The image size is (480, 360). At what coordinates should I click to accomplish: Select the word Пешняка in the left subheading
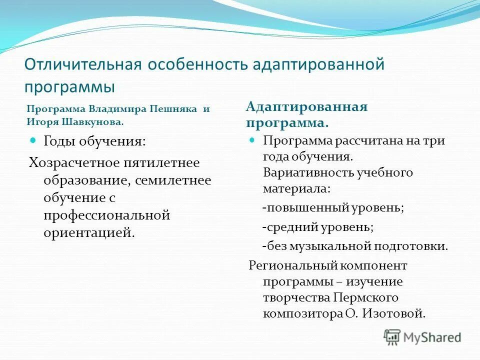click(x=173, y=109)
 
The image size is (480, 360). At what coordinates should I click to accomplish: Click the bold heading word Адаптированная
click(x=307, y=107)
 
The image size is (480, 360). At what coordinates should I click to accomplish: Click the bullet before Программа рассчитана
click(x=252, y=140)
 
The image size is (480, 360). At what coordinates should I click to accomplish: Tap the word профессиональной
click(x=107, y=215)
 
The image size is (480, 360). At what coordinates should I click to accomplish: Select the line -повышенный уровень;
click(x=332, y=207)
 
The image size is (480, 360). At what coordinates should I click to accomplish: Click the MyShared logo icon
click(x=393, y=337)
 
